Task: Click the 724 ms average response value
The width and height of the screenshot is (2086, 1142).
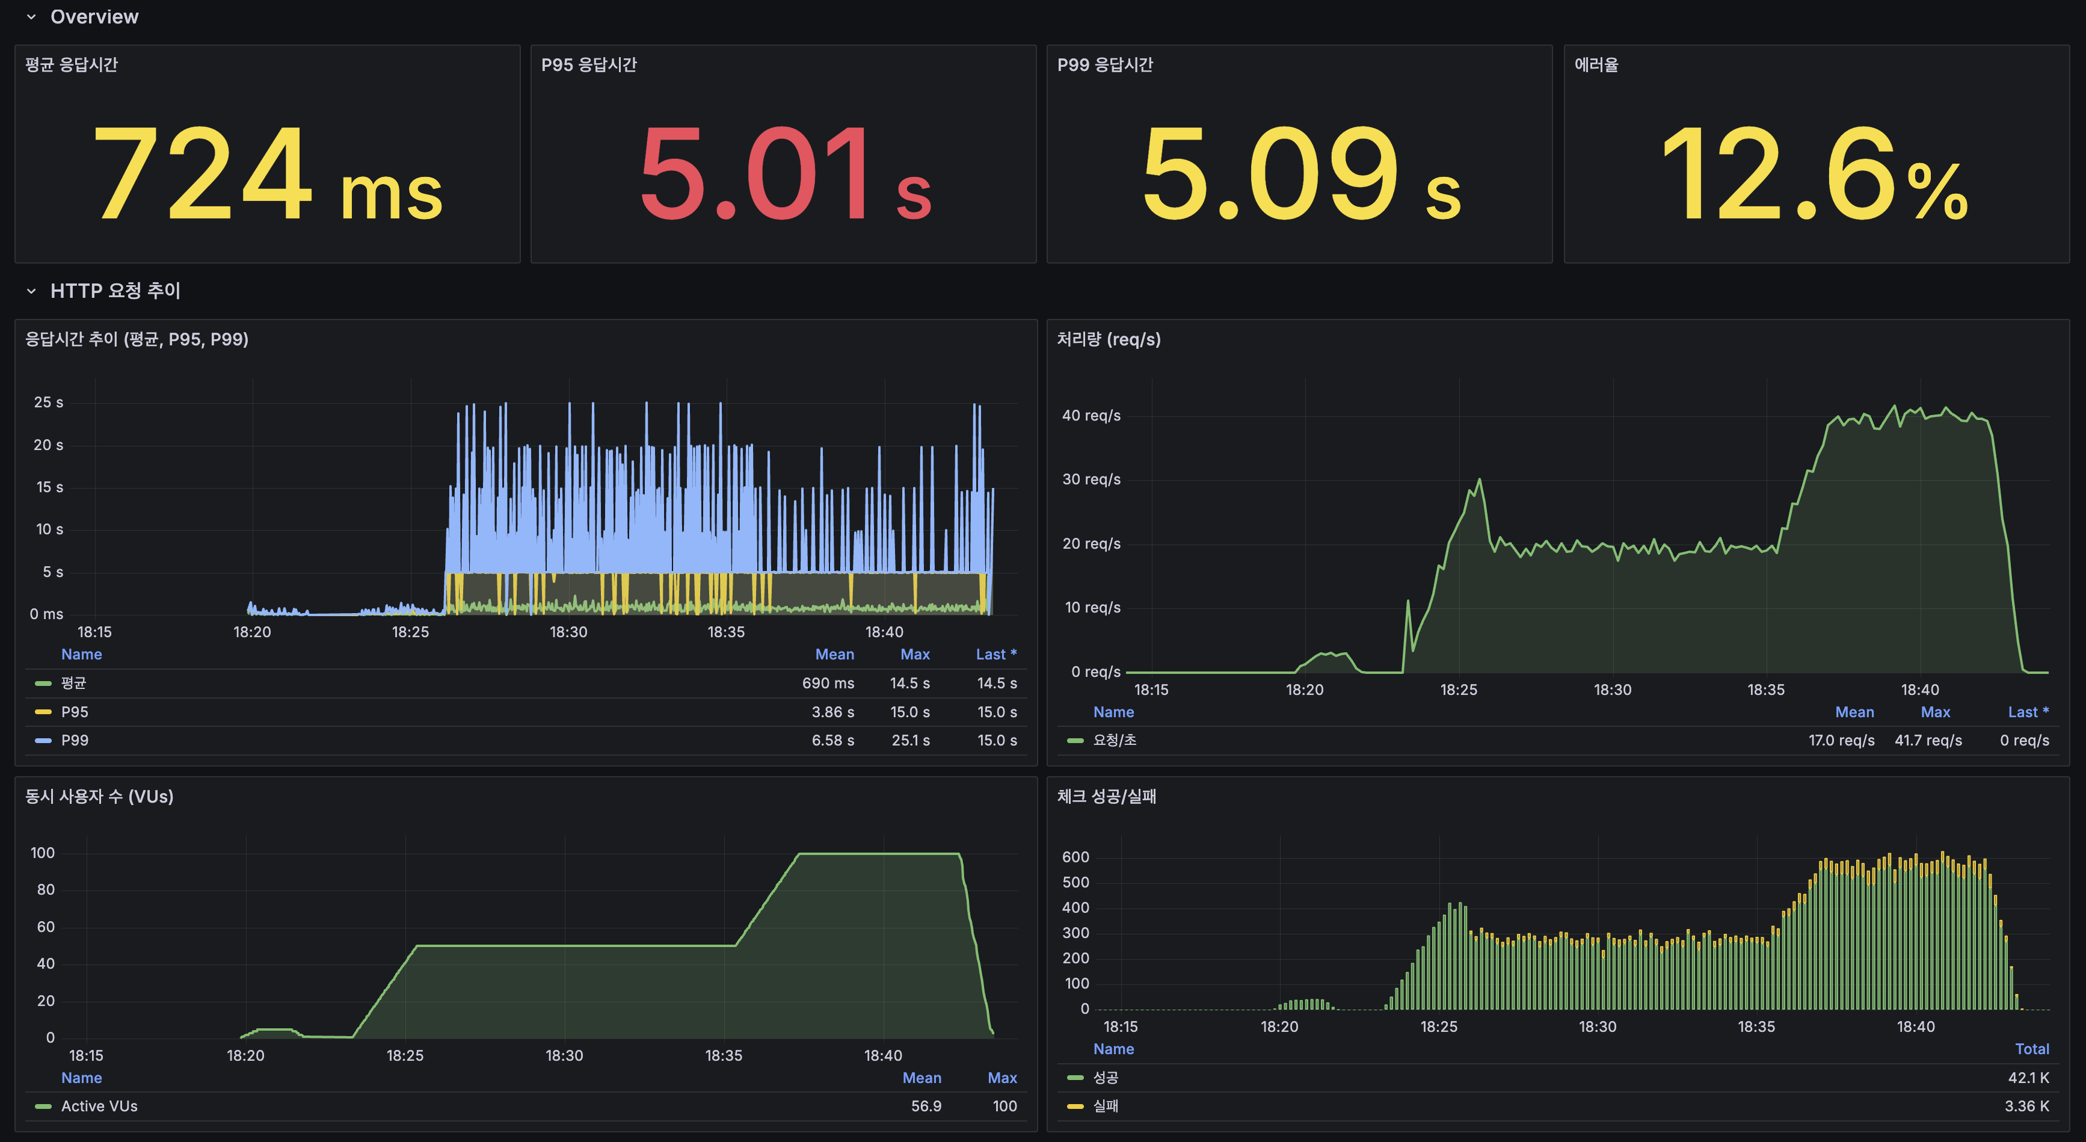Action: pos(267,174)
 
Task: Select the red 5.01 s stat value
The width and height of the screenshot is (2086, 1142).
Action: pos(784,174)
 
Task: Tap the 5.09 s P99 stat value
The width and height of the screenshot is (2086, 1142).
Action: pos(1300,174)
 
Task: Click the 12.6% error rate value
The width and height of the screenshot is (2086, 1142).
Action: pos(1814,174)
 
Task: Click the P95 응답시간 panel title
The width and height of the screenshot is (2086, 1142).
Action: pos(589,65)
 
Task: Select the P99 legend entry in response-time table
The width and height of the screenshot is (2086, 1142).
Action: pos(75,740)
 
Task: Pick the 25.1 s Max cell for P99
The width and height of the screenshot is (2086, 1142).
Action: pos(910,740)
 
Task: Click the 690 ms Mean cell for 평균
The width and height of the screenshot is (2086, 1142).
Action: pos(828,683)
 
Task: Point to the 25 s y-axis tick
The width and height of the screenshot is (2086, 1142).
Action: pos(49,403)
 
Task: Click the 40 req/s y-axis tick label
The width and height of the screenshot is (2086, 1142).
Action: pos(1091,416)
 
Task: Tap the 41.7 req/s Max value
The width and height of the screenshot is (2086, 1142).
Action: pos(1927,740)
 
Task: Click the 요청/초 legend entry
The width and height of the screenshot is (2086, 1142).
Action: pos(1114,740)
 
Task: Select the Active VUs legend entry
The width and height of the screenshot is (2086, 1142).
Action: pos(99,1107)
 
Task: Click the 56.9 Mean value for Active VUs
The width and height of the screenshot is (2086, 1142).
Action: pos(926,1107)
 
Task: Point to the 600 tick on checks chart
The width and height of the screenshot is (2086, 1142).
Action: pos(1075,857)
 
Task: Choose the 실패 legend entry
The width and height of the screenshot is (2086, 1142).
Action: pos(1106,1107)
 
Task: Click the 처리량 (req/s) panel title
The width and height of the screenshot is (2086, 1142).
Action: pos(1108,339)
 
